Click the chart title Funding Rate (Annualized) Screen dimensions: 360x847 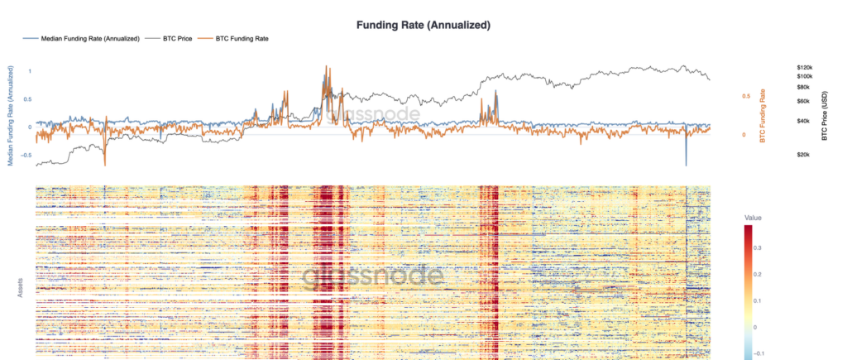(423, 25)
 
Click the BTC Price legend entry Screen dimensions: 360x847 (179, 39)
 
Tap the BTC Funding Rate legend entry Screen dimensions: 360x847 (242, 39)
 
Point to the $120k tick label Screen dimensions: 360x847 (805, 66)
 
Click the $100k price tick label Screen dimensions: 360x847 (805, 76)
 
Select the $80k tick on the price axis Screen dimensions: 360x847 (803, 87)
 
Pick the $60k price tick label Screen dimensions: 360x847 (803, 101)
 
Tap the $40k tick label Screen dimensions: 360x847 (803, 121)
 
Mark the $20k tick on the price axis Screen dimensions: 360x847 (803, 155)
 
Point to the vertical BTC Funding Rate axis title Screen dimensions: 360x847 (763, 115)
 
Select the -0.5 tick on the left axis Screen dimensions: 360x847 (26, 155)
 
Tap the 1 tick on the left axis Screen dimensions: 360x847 (31, 71)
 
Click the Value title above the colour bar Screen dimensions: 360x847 (754, 218)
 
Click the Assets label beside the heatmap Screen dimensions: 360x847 (20, 289)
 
